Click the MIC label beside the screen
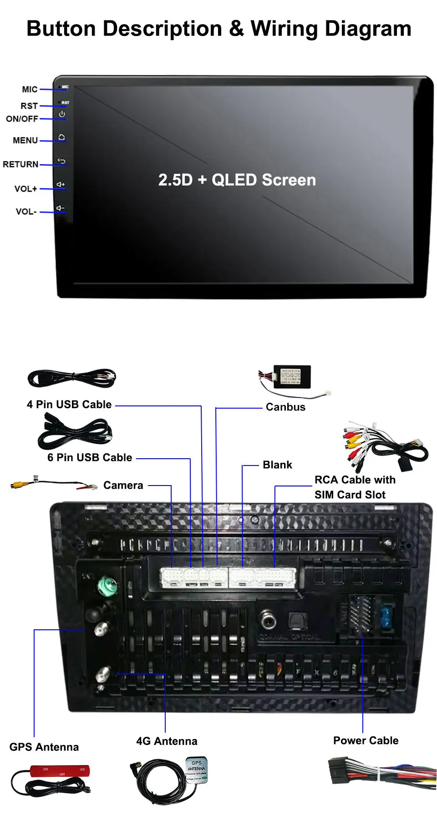coord(30,89)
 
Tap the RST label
coord(29,106)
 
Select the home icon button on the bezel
coord(61,137)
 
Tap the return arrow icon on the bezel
coord(61,161)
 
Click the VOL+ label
coord(25,189)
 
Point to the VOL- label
coord(26,212)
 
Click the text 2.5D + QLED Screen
coord(237,180)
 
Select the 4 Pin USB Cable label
coord(69,404)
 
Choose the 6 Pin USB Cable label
coord(90,457)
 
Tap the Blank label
coord(277,465)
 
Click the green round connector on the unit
coord(108,586)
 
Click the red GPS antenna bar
coord(60,771)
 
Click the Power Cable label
coord(366,740)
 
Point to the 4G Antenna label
coord(167,741)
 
